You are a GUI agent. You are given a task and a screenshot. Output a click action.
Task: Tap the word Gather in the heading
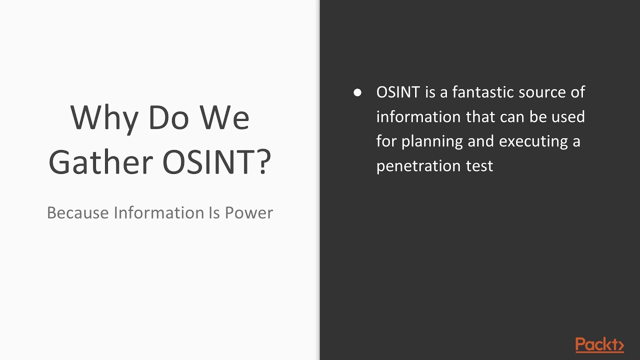[100, 162]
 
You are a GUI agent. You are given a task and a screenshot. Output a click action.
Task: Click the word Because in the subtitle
[77, 212]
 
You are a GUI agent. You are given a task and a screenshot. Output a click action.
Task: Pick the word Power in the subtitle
[248, 212]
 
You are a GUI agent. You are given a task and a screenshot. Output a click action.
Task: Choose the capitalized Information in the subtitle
[157, 212]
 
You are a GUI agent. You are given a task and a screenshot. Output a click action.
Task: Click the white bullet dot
[357, 92]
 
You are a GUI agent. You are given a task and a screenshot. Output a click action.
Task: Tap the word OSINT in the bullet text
[398, 92]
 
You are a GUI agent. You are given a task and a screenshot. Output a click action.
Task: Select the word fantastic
[482, 92]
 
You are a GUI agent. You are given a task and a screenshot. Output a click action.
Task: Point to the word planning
[432, 141]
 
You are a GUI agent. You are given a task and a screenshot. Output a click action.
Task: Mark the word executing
[533, 141]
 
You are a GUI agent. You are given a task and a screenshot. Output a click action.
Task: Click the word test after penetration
[479, 166]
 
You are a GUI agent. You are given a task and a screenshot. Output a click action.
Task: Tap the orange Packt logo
[599, 345]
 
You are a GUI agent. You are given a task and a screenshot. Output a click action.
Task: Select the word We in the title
[224, 118]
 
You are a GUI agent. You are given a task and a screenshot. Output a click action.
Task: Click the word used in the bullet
[568, 117]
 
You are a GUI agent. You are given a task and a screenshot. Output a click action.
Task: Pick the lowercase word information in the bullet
[418, 117]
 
